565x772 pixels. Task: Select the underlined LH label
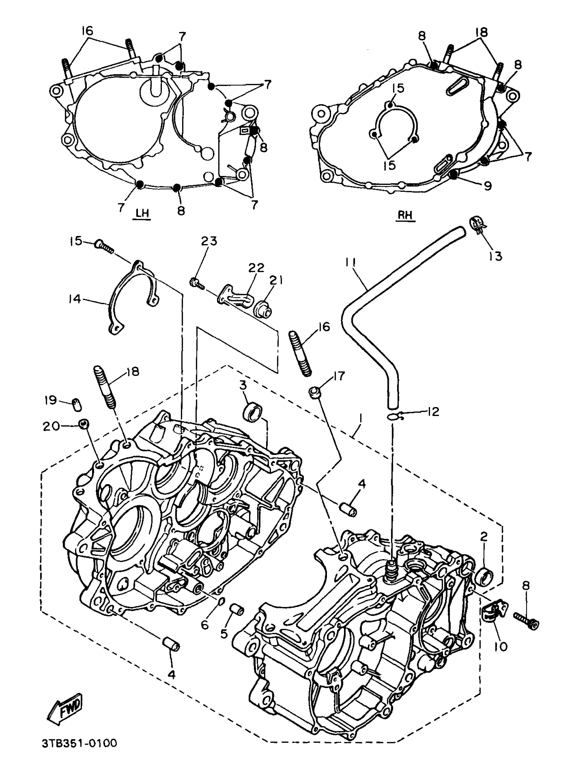[142, 214]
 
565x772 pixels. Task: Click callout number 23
[209, 241]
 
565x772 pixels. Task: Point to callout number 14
[74, 299]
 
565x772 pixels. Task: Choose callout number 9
[487, 186]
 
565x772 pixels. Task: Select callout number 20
[51, 426]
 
